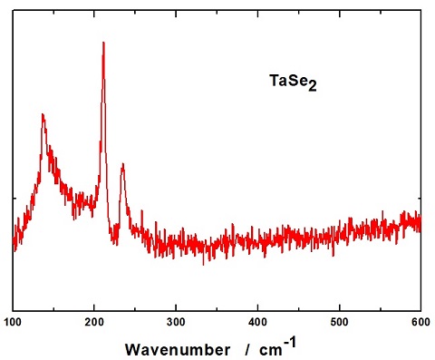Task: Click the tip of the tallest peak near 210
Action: pyautogui.click(x=103, y=43)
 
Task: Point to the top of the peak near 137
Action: pyautogui.click(x=43, y=114)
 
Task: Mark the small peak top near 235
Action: pyautogui.click(x=122, y=164)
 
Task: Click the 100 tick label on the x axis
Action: pyautogui.click(x=14, y=321)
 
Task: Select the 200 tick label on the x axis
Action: pyautogui.click(x=95, y=321)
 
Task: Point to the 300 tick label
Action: pyautogui.click(x=177, y=321)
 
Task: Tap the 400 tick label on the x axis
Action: pyautogui.click(x=258, y=321)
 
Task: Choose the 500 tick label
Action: pyautogui.click(x=340, y=321)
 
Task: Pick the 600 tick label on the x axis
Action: pyautogui.click(x=420, y=321)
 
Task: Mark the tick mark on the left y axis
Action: pyautogui.click(x=16, y=197)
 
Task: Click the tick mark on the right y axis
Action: pyautogui.click(x=418, y=197)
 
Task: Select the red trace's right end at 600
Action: pyautogui.click(x=420, y=220)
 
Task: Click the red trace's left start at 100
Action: pyautogui.click(x=14, y=243)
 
